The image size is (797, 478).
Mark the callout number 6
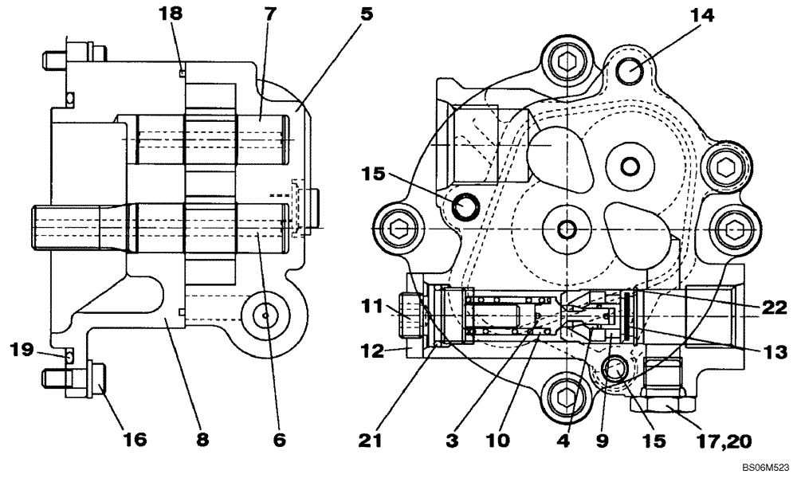pyautogui.click(x=279, y=439)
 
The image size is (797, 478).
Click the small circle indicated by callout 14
pyautogui.click(x=631, y=70)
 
